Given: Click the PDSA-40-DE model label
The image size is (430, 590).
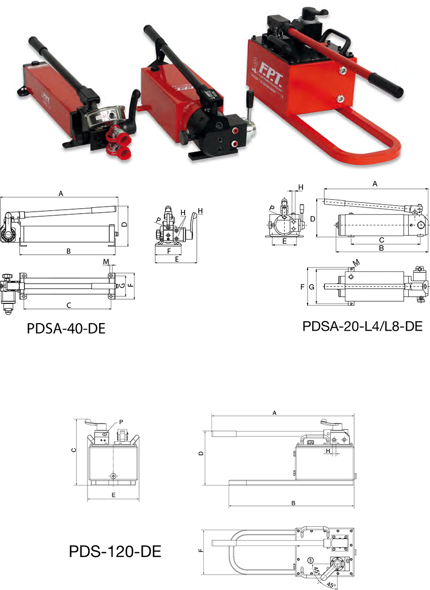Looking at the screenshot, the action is click(x=66, y=329).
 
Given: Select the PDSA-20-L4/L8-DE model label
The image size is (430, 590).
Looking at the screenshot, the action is click(x=362, y=326).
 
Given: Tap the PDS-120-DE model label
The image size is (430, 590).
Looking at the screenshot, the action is click(x=115, y=552).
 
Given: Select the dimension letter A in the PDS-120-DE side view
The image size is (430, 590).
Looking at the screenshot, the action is click(x=274, y=413).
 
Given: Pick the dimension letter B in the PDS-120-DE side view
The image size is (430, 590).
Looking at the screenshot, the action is click(x=293, y=503).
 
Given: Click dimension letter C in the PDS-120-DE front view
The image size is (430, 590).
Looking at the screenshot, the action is click(x=74, y=450).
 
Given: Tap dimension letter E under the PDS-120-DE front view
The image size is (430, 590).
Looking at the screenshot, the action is click(x=113, y=495).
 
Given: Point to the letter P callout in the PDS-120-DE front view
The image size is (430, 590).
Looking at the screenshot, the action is click(x=121, y=422).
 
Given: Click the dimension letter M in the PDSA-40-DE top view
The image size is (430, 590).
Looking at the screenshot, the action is click(x=106, y=261).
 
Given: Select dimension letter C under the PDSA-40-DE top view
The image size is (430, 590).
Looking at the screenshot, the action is click(x=68, y=305).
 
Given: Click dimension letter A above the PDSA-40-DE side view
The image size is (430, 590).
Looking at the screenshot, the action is click(x=61, y=194).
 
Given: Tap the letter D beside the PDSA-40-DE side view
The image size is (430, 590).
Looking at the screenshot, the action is click(x=125, y=224).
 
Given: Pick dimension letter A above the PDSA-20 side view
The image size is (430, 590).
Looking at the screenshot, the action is click(x=375, y=184).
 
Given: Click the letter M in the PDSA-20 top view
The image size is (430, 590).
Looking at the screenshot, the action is click(x=356, y=262).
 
